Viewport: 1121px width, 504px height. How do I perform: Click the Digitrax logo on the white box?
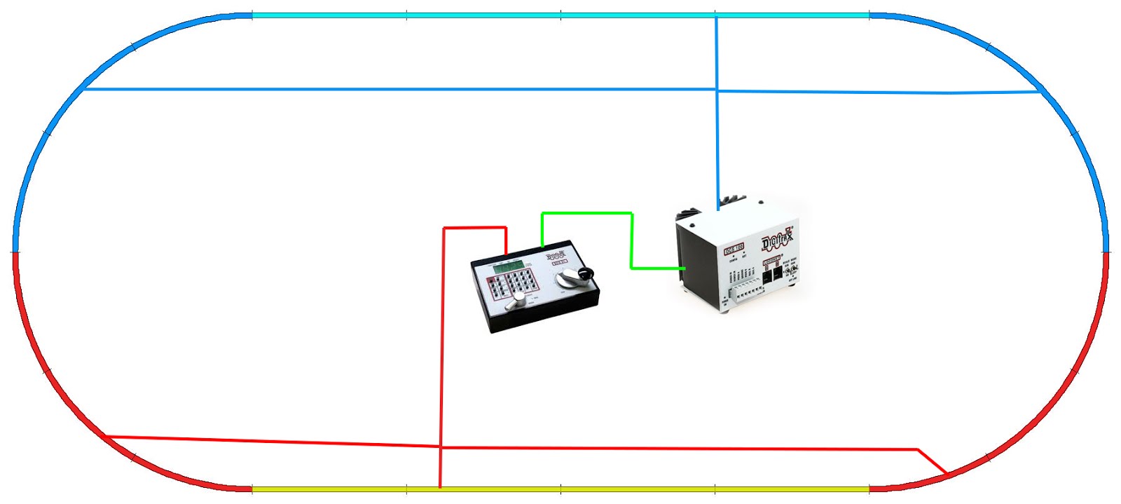tap(777, 240)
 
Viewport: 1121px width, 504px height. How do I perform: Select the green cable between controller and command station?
tap(631, 238)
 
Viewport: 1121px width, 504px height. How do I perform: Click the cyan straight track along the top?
tap(560, 15)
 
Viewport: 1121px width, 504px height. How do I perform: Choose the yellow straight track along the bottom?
tap(560, 489)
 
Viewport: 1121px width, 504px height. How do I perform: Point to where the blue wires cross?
tap(717, 90)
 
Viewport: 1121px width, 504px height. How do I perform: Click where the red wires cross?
tap(441, 447)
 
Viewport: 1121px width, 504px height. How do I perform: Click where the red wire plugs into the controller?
tap(506, 254)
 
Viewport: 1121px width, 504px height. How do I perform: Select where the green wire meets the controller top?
tap(542, 245)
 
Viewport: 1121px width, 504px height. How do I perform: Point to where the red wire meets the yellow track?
tap(440, 486)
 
